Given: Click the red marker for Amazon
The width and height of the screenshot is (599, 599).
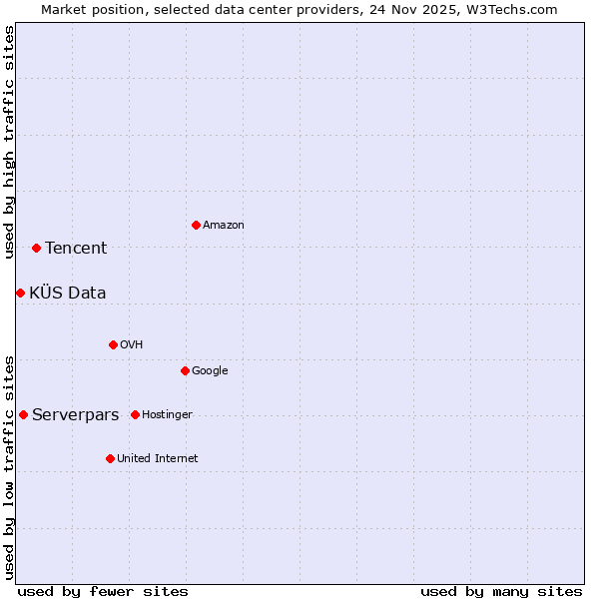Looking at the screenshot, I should click(196, 225).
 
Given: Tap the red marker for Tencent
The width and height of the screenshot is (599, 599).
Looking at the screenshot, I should click(36, 248).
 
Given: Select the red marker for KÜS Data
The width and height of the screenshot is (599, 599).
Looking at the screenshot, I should click(20, 293).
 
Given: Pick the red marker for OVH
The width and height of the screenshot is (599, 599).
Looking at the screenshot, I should click(113, 344).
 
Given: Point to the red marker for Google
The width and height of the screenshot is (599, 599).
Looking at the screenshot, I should click(185, 370).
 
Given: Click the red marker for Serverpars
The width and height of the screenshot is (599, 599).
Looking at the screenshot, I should click(23, 414).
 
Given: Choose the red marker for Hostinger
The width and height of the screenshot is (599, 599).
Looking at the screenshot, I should click(135, 414).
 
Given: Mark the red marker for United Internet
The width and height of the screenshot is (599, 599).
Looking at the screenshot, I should click(110, 458).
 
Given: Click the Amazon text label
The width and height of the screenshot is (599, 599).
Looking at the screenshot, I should click(224, 226).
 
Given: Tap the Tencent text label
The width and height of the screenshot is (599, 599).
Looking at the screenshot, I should click(76, 249).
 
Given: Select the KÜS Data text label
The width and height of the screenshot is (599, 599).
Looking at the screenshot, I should click(68, 294).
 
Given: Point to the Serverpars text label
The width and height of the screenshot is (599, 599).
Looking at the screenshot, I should click(76, 415).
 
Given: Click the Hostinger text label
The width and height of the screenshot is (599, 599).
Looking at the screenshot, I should click(167, 415).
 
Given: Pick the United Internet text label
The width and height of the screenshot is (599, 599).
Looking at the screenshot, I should click(158, 459).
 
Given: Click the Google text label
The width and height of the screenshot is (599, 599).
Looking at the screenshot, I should click(210, 371).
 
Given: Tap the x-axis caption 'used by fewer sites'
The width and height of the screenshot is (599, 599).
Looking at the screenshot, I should click(103, 591).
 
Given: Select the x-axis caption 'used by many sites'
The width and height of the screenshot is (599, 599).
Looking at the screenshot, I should click(501, 591).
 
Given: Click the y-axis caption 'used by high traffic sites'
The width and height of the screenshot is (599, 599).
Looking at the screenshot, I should click(9, 142).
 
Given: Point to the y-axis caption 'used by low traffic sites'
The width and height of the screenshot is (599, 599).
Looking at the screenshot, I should click(9, 467).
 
